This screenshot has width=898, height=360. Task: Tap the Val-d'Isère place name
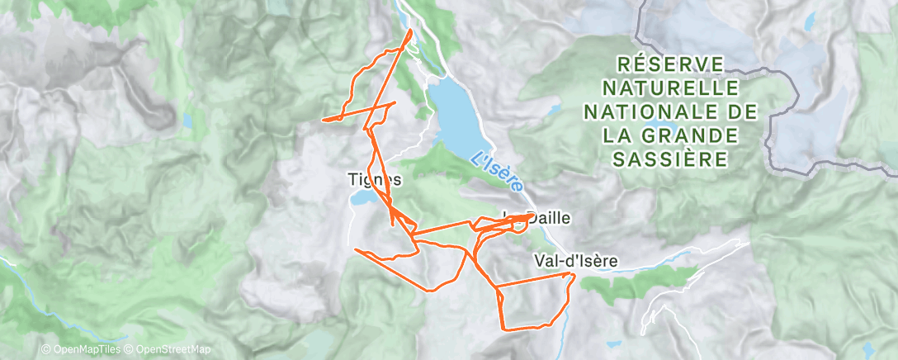pos(574,260)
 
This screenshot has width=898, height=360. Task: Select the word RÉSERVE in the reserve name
pos(669,64)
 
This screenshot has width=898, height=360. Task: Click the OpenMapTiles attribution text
pos(85,350)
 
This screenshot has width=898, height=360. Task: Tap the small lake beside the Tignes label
pos(363,199)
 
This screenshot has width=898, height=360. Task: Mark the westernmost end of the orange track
pos(323,120)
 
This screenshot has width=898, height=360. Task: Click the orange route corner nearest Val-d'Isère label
pos(571,273)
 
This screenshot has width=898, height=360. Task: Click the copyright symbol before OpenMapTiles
pos(45,350)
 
